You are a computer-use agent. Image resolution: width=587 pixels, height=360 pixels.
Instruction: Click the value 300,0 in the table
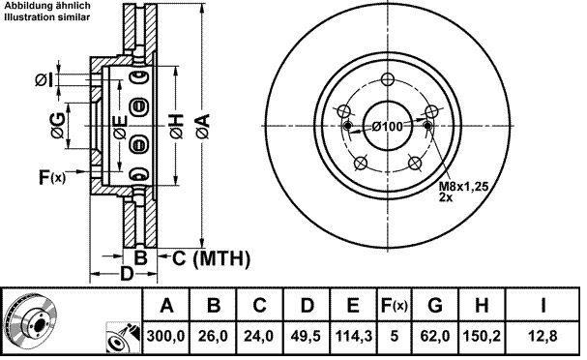coord(165,336)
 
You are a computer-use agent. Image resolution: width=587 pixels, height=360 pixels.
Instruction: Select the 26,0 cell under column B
coord(213,336)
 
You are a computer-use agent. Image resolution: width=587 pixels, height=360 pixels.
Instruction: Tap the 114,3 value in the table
coord(353,336)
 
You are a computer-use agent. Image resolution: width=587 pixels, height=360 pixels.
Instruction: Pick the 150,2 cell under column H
coord(482,336)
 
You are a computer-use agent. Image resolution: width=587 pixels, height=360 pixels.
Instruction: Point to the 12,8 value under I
coord(543,336)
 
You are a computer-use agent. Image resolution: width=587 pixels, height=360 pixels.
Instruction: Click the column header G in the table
coord(434,306)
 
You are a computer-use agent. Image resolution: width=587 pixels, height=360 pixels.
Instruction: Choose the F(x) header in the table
coord(394,306)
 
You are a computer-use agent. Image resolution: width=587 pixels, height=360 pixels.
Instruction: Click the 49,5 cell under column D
coord(306,336)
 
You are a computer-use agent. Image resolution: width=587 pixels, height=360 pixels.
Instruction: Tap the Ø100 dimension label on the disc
coord(388,127)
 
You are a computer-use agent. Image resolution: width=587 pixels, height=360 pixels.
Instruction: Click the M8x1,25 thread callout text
coord(464,186)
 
